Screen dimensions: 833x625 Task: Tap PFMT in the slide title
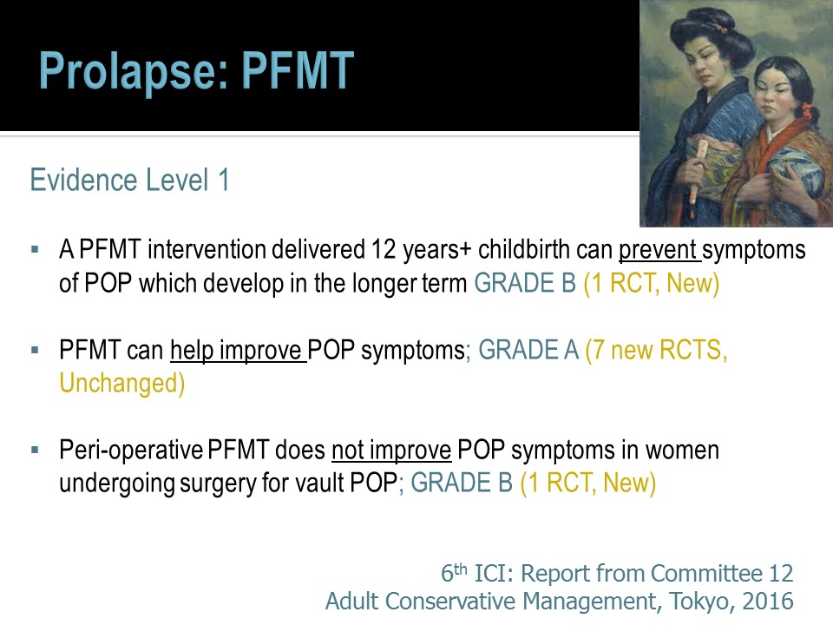[298, 69]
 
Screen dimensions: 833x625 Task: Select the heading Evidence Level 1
[129, 180]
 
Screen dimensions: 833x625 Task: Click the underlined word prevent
[658, 250]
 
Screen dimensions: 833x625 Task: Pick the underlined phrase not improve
[391, 451]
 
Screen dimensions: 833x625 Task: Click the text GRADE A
[528, 350]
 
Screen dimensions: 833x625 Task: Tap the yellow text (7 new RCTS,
[656, 351]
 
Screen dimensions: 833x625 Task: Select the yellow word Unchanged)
[122, 384]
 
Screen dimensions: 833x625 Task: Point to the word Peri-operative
[131, 451]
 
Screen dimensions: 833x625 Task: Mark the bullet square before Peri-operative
[35, 451]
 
